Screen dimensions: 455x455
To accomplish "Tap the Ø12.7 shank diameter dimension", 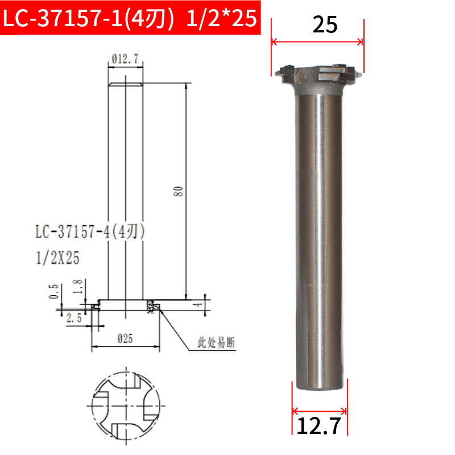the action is click(125, 59).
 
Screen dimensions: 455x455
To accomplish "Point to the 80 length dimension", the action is click(178, 192).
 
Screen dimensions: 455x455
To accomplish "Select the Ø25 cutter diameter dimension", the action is click(125, 338).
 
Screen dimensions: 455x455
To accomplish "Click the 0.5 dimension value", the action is click(53, 291).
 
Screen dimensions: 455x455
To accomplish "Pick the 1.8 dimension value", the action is click(78, 287).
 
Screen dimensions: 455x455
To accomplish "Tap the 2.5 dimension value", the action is click(75, 318).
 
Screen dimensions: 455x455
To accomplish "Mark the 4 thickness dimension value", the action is click(198, 305).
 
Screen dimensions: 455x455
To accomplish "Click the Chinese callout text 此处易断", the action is click(217, 342).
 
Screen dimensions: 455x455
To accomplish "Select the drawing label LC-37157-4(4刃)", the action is click(90, 231).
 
